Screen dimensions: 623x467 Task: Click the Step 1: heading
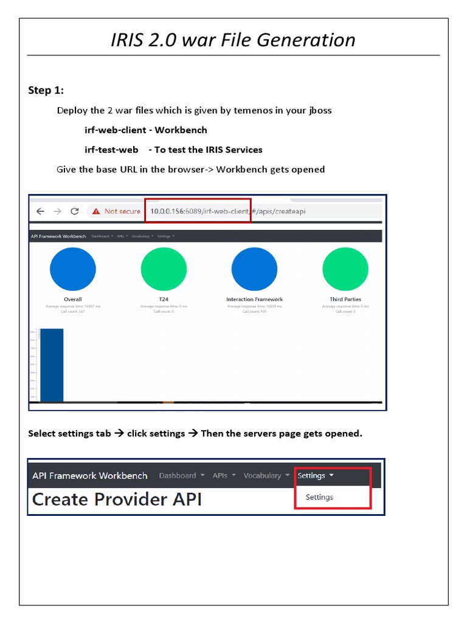tap(46, 91)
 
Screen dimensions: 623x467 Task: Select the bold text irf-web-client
tap(115, 130)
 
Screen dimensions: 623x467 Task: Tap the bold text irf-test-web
tap(111, 150)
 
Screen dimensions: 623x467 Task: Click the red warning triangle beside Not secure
tap(96, 211)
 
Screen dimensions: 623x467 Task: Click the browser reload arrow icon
tap(75, 211)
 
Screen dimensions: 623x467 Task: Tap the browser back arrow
tap(40, 211)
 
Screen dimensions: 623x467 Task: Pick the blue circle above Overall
tap(73, 270)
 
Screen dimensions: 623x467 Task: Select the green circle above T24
tap(164, 270)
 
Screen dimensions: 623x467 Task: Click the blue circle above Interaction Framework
tap(254, 270)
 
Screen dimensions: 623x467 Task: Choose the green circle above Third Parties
tap(345, 270)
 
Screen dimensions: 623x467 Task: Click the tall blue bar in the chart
tap(51, 365)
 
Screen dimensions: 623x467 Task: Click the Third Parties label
tap(345, 299)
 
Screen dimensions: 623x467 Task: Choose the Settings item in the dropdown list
tap(319, 497)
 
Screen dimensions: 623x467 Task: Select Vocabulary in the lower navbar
tap(263, 476)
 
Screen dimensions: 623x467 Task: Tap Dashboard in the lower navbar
tap(178, 476)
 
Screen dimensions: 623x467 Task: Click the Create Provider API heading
tap(117, 499)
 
